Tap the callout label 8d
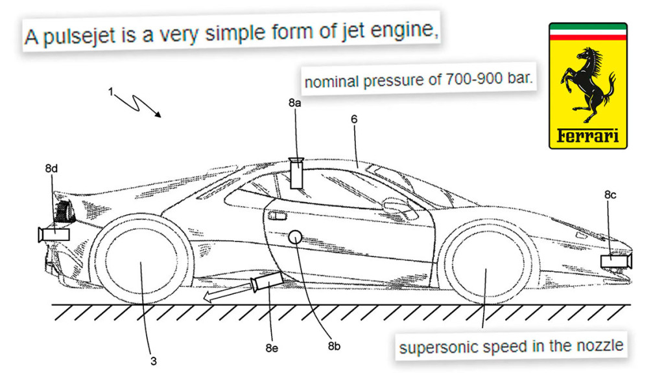click(51, 168)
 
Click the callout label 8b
click(334, 346)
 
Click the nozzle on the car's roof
click(298, 173)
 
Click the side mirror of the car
click(392, 206)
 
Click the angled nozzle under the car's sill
click(266, 282)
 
